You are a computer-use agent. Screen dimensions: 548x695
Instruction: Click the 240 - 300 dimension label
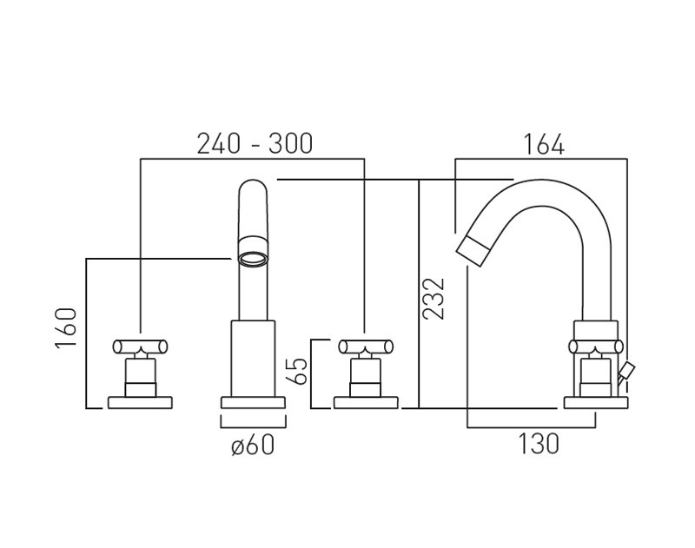[254, 142]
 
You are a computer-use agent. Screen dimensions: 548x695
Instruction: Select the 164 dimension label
[543, 144]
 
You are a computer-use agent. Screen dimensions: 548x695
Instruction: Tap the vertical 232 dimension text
[434, 298]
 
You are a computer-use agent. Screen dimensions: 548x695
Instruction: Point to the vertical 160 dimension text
[67, 327]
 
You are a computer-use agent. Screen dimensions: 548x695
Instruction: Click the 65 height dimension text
[297, 371]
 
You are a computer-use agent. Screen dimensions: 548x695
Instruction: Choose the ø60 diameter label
[253, 446]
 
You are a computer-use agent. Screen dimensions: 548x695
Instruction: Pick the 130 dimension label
[539, 444]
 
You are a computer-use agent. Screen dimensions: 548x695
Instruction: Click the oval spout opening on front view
[252, 258]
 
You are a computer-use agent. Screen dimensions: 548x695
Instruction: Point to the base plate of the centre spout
[253, 401]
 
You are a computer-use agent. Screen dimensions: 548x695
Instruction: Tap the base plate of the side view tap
[595, 401]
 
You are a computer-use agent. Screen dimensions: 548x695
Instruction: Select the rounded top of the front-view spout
[253, 189]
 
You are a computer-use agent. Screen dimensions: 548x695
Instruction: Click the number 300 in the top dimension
[289, 142]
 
